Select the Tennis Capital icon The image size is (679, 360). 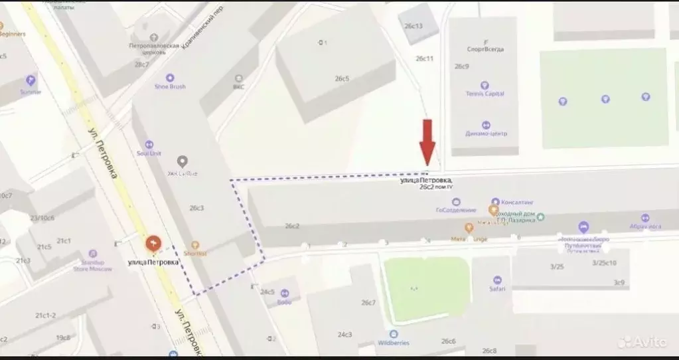pos(485,84)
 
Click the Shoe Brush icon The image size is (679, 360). pos(170,78)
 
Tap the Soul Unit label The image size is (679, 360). pos(149,153)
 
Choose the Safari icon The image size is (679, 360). pos(498,280)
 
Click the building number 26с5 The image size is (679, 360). pos(342,78)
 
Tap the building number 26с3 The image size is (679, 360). pos(196,208)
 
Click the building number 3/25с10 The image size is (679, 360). pos(604,263)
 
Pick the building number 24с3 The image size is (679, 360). pos(344,334)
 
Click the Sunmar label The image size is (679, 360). pos(31,92)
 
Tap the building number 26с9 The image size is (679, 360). pos(462,66)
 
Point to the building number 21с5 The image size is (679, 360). pos(44,247)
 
